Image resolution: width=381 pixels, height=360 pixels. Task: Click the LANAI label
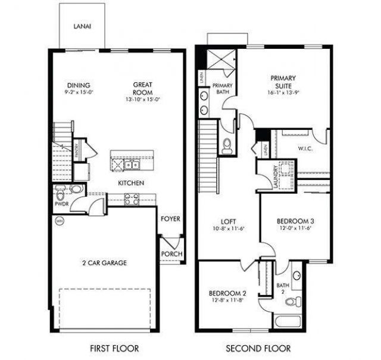pyautogui.click(x=82, y=27)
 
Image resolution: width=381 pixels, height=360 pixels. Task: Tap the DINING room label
pyautogui.click(x=79, y=85)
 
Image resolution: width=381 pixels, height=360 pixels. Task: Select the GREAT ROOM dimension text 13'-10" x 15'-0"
pyautogui.click(x=143, y=100)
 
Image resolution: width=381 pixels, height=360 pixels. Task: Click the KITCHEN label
pyautogui.click(x=130, y=183)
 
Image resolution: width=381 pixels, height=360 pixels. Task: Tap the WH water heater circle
pyautogui.click(x=59, y=221)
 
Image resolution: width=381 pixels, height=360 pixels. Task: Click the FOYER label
pyautogui.click(x=170, y=219)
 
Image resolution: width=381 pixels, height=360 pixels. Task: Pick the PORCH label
pyautogui.click(x=171, y=254)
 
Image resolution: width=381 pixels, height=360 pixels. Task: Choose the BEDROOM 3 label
pyautogui.click(x=295, y=221)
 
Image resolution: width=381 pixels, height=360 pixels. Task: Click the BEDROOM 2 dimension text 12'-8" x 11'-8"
pyautogui.click(x=227, y=301)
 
